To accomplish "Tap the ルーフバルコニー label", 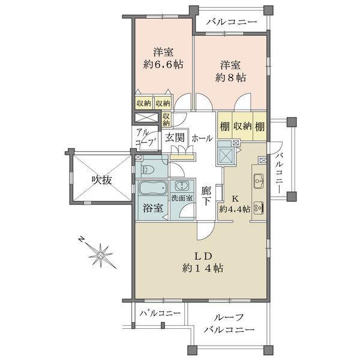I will point(228,324).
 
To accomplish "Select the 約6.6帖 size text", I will point(163,64).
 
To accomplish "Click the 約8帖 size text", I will point(231,77).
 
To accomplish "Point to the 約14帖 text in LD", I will point(203,268).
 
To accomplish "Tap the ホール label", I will point(202,138).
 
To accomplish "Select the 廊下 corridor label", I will point(206,197).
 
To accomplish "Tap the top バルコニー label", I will point(231,22).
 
